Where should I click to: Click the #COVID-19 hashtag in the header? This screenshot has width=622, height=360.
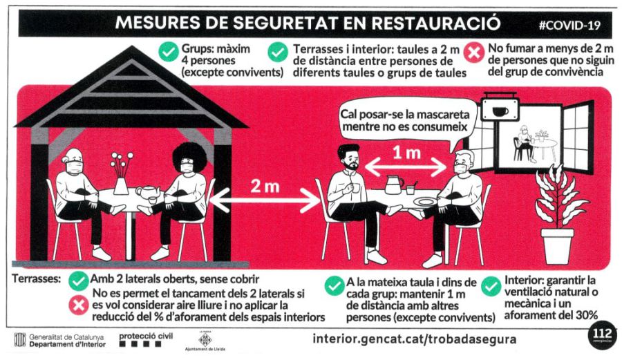[569, 26]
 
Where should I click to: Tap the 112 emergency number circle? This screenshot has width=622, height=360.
[602, 335]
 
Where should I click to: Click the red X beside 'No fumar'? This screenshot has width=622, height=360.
[474, 53]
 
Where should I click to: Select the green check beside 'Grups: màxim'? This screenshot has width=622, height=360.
[169, 52]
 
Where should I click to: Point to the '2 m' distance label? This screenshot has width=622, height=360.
[265, 187]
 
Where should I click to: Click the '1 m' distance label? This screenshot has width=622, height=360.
[406, 153]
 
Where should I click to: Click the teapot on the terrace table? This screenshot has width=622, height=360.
[148, 193]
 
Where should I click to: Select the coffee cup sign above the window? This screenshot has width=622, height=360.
[500, 109]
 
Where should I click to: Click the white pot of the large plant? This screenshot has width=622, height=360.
[557, 246]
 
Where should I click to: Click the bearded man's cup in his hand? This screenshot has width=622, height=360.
[356, 187]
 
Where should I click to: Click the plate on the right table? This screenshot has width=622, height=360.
[425, 202]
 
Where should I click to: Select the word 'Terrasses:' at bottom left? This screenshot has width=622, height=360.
[37, 278]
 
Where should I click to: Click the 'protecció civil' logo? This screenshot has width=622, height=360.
[146, 340]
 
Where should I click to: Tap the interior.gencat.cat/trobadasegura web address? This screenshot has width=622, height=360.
[415, 339]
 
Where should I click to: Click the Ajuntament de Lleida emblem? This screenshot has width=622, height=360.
[205, 341]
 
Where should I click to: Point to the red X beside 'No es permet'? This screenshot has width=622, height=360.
[79, 305]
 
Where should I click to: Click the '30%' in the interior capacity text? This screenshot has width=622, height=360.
[586, 316]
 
